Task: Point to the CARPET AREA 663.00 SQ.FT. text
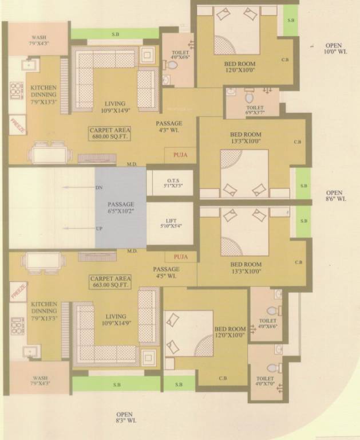click(108, 281)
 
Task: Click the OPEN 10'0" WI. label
click(334, 48)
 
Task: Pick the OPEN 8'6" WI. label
click(334, 196)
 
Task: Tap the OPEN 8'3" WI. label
click(124, 418)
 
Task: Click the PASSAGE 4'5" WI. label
click(166, 272)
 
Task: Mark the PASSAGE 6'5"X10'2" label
click(121, 207)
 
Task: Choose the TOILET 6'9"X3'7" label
click(255, 110)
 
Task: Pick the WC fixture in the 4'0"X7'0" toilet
click(273, 368)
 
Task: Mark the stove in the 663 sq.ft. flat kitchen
click(17, 328)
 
